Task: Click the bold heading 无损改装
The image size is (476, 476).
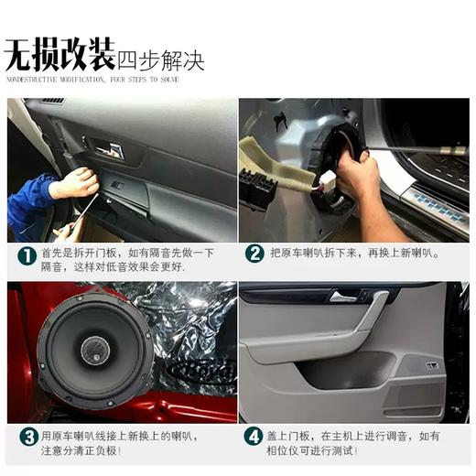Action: (x=60, y=57)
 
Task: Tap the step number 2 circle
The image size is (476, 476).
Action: (x=254, y=254)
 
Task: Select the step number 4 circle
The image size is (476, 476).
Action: (x=254, y=437)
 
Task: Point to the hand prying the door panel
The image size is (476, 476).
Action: (x=73, y=182)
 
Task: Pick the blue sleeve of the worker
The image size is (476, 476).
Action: (x=27, y=206)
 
